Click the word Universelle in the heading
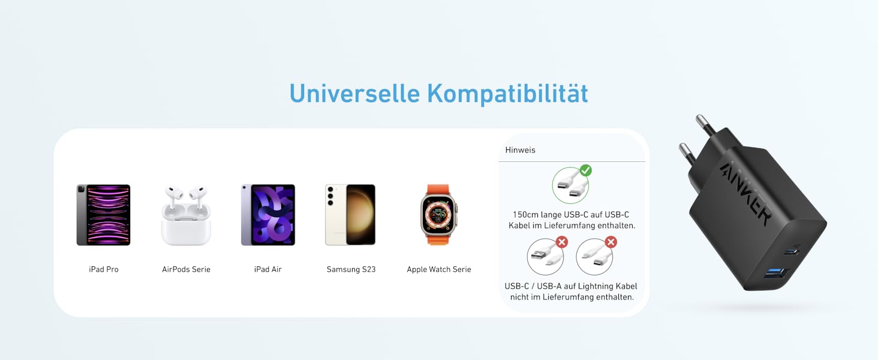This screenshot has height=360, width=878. [x=354, y=94]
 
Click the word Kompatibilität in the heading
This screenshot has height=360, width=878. [x=507, y=94]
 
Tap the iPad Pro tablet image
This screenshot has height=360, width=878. [x=103, y=215]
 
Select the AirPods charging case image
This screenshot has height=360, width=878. [x=186, y=216]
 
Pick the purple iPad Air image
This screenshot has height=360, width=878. [x=268, y=215]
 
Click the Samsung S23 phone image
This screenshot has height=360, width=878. [x=351, y=215]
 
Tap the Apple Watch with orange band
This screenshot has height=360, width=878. [x=438, y=215]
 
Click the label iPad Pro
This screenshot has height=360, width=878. [x=104, y=269]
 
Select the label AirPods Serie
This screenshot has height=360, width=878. [x=186, y=269]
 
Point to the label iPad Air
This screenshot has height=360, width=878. [x=268, y=269]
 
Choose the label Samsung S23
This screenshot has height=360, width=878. [x=351, y=269]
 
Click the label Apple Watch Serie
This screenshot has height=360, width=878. [x=439, y=269]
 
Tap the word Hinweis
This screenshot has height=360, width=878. [x=520, y=150]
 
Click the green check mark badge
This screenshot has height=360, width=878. [x=585, y=170]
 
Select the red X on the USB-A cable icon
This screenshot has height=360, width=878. [x=562, y=242]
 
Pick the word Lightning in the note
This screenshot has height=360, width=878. [x=588, y=286]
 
